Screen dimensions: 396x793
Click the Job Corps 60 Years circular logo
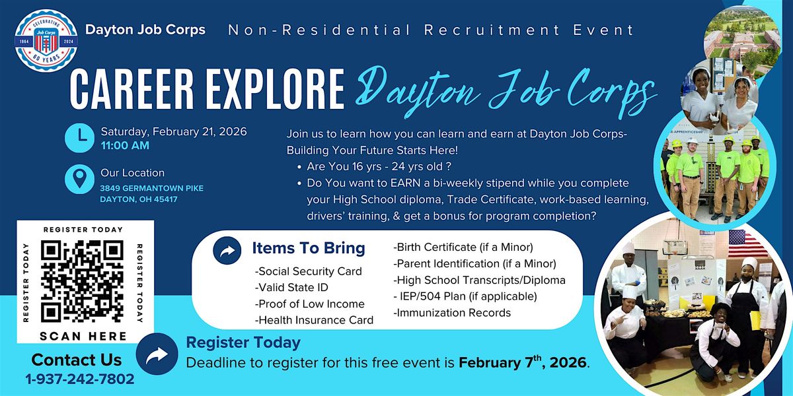pos(42,40)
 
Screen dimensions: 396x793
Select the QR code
pos(82,282)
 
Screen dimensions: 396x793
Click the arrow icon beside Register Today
pos(157,356)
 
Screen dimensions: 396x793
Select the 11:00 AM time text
pos(125,145)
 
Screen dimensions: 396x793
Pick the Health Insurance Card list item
pos(314,320)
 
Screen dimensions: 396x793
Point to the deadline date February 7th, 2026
pos(522,362)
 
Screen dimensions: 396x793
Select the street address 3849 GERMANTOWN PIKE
pos(152,189)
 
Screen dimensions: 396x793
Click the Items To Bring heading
pos(308,248)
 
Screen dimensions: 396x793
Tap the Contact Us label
pos(77,360)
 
